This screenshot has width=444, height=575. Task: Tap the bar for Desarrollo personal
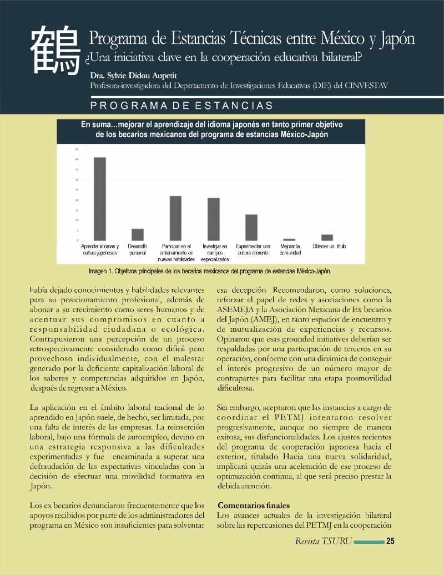pyautogui.click(x=138, y=234)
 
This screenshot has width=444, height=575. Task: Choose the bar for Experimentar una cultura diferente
pyautogui.click(x=251, y=227)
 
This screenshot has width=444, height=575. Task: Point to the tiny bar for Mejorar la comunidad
pyautogui.click(x=289, y=239)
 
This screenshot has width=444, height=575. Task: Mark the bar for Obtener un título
pyautogui.click(x=327, y=237)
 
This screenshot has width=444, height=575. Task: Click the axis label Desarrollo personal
pyautogui.click(x=138, y=249)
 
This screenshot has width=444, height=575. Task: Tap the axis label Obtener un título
pyautogui.click(x=327, y=246)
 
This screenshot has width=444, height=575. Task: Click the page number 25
pyautogui.click(x=390, y=541)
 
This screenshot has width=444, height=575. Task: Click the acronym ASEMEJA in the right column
pyautogui.click(x=235, y=310)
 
